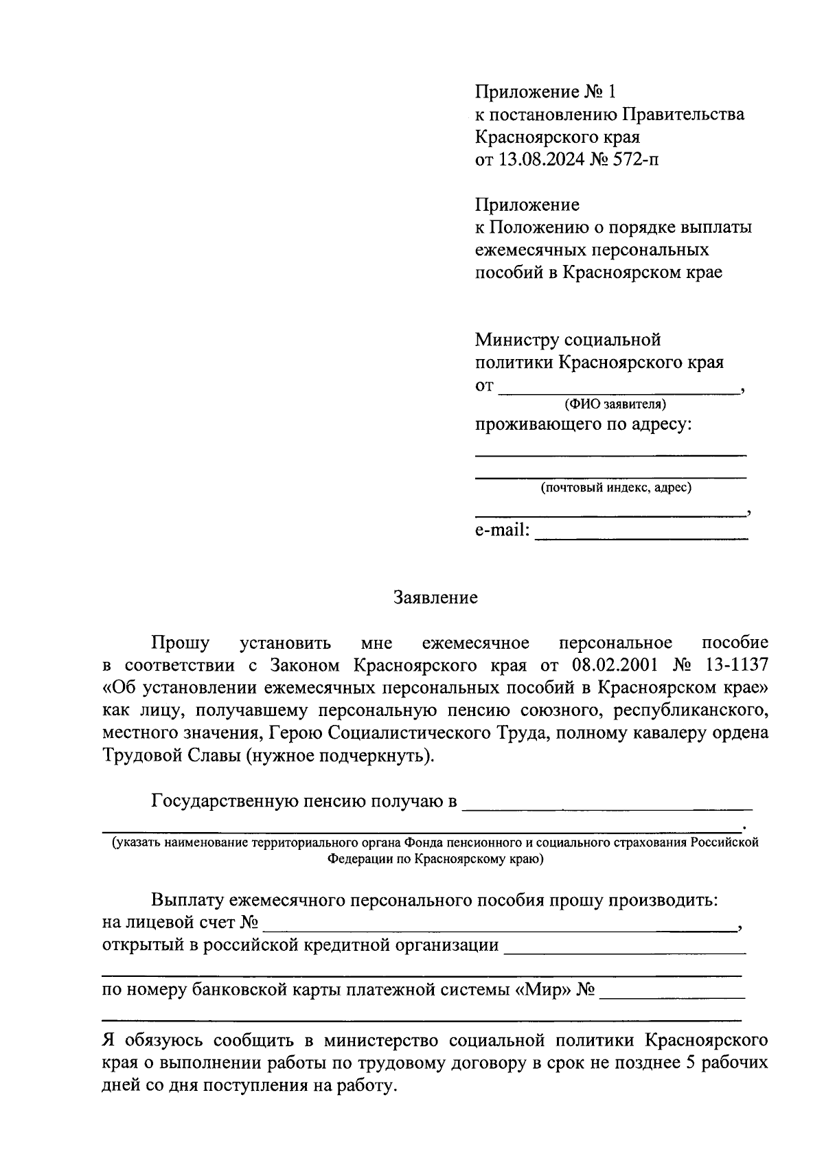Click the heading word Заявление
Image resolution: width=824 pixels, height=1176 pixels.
(x=435, y=597)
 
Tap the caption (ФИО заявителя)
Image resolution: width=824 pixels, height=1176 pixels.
(x=615, y=404)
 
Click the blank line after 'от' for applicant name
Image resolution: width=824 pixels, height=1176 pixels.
(x=618, y=389)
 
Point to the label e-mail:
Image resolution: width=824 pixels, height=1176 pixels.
(x=502, y=530)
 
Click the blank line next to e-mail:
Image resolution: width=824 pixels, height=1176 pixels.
(x=641, y=533)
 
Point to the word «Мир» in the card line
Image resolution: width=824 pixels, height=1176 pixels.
(x=544, y=991)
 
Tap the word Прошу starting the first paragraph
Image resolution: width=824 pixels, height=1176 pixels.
(x=181, y=643)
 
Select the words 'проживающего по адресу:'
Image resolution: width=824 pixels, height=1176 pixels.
(x=584, y=424)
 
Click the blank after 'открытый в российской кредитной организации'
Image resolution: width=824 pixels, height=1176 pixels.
(x=625, y=948)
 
